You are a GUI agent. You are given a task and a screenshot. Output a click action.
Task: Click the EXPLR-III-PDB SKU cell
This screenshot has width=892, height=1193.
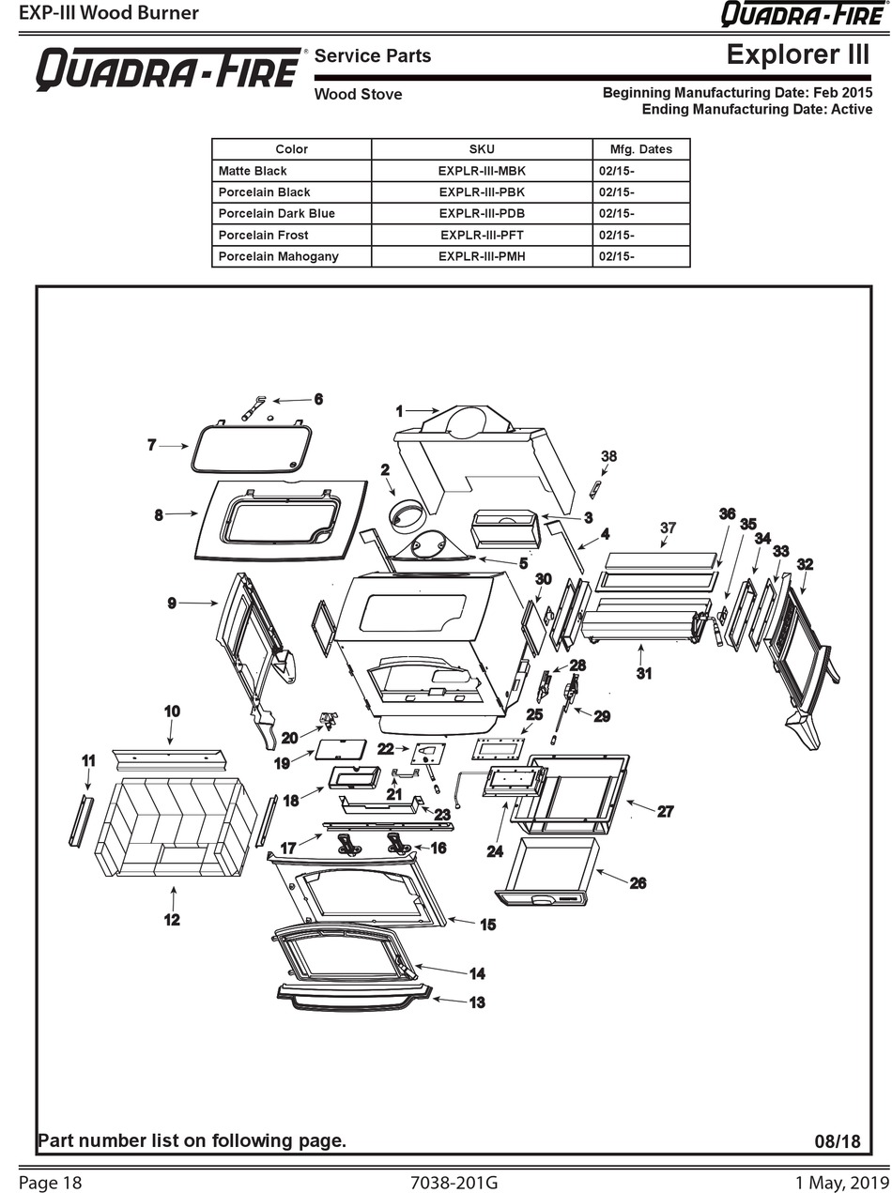pos(482,214)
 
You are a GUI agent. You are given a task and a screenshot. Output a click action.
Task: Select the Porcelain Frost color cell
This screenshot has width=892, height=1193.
pos(263,236)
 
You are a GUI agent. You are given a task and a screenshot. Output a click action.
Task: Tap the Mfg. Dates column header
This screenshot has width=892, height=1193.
pos(641,149)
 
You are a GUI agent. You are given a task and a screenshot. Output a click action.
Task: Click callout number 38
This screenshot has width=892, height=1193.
pos(608,456)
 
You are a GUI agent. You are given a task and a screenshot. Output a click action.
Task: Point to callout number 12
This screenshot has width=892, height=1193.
pos(172,920)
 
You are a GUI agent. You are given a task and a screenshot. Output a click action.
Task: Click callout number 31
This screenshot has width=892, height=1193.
pos(644,673)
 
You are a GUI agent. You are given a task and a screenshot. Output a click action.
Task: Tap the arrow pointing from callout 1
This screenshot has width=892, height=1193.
pos(422,410)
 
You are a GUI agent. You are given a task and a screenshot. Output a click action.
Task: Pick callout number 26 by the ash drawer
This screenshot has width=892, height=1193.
pos(638,883)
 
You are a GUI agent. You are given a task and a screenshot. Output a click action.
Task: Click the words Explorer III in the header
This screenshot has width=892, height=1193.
pos(797,54)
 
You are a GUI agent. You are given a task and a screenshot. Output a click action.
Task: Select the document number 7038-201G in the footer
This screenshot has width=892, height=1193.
pos(454,1183)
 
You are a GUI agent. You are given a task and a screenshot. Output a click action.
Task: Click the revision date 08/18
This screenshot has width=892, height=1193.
pos(838,1141)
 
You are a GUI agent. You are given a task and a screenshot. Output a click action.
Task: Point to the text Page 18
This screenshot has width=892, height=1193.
pos(50,1183)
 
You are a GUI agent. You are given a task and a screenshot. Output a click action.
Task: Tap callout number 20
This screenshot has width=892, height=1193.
pos(290,738)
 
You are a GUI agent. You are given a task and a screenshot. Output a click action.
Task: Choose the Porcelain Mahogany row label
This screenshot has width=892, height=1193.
pos(278,256)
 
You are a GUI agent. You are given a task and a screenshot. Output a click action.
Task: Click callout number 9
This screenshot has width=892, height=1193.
pos(172,603)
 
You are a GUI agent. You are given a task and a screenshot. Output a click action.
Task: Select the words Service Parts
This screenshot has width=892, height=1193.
pos(373,55)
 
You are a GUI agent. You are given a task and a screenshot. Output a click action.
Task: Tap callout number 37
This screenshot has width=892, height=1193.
pos(668,528)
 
